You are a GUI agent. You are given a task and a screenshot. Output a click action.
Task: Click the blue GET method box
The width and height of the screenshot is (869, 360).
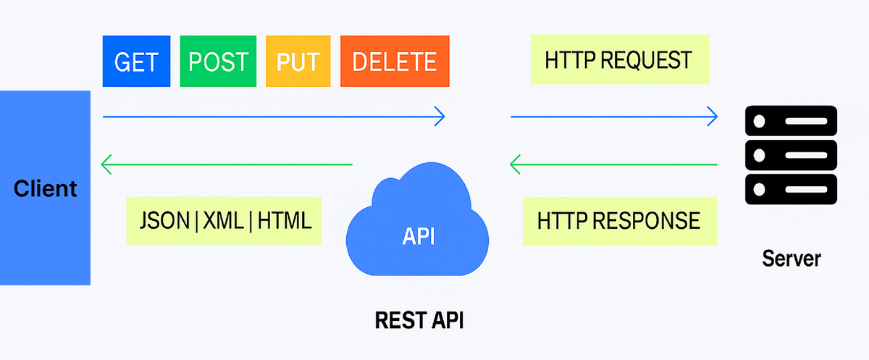136,61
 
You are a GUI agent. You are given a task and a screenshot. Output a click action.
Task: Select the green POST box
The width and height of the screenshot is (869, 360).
218,61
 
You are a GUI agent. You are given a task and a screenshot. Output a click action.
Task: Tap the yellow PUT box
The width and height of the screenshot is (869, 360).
298,61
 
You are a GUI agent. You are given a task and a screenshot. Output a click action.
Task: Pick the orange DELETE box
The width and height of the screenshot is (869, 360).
395,61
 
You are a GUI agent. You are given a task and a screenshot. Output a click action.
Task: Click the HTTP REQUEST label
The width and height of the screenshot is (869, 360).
618,59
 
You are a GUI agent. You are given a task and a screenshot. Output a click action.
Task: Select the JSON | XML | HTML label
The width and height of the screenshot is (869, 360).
224,219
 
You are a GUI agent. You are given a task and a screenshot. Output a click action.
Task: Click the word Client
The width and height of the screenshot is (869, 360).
45,189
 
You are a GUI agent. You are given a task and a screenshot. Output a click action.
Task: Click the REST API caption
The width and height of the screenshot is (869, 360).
419,319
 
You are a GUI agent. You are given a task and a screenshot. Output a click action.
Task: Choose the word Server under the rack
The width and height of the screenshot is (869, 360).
791,259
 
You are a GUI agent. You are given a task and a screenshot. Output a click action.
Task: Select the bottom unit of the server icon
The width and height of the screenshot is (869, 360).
791,190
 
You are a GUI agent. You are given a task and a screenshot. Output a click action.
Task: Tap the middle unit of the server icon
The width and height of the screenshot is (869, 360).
791,155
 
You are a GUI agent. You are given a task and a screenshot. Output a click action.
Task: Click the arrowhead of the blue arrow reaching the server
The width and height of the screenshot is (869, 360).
713,115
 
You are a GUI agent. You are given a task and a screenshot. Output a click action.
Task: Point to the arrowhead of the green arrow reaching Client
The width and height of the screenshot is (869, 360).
106,165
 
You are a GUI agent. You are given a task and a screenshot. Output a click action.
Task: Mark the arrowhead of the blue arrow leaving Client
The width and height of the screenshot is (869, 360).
439,115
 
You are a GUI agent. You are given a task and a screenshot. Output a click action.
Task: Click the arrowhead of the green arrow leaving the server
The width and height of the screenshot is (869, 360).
515,165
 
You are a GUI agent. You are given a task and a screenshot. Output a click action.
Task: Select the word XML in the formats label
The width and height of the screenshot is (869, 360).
224,219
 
